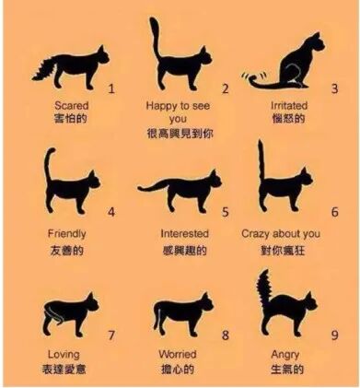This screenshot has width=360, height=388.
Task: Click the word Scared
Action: coord(72,106)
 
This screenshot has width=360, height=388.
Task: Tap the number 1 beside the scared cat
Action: coord(111,89)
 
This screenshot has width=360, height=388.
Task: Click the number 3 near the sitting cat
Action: coord(335,88)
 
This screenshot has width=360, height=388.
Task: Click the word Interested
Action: coord(185,233)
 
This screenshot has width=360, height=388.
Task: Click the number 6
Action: coord(334,211)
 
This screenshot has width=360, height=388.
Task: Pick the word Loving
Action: coord(63,354)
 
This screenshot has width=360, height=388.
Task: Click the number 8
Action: coord(226,335)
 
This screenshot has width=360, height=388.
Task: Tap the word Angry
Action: coord(285,354)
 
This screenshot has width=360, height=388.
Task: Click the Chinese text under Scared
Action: coord(72,121)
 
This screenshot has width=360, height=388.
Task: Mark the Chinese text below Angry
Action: coord(285,370)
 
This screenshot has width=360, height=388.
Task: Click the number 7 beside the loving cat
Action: coord(111,335)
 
